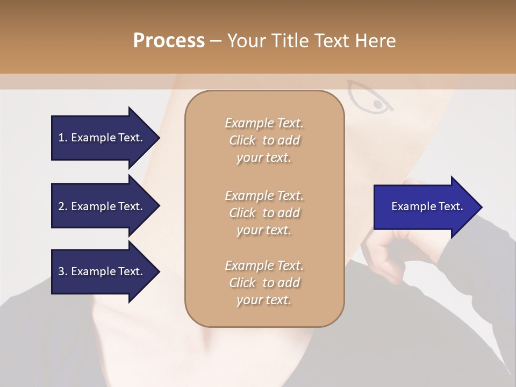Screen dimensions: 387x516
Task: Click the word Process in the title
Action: (169, 41)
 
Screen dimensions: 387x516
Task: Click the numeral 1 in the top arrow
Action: (61, 138)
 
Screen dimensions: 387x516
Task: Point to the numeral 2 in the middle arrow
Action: (61, 206)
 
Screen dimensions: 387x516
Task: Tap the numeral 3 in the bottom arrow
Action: (61, 271)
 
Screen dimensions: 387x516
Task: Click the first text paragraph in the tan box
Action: (264, 140)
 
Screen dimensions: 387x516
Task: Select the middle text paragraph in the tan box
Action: (264, 212)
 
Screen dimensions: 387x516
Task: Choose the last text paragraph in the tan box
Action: (264, 283)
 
